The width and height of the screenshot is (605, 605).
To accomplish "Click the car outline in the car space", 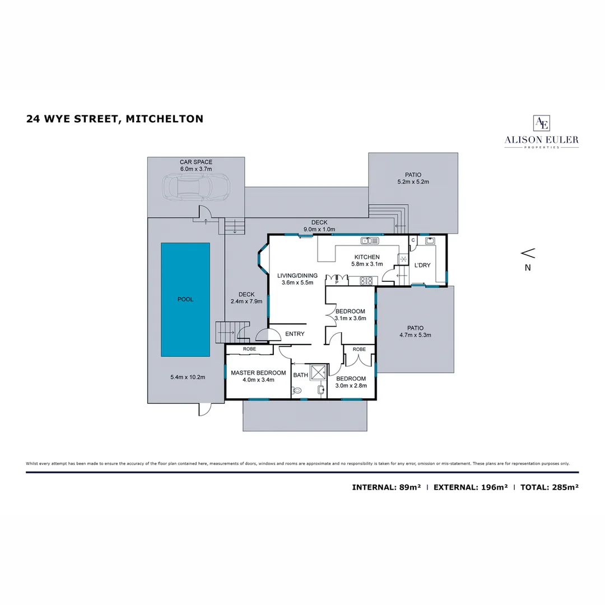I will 196,187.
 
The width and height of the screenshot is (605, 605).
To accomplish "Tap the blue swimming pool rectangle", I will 185,299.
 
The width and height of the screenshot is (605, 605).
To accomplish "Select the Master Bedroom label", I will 258,373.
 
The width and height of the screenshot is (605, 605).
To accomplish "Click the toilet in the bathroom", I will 297,390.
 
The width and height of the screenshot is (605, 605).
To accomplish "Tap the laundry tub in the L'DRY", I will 430,241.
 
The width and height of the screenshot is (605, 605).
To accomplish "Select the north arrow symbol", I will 528,253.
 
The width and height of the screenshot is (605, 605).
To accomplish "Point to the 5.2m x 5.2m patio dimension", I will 413,182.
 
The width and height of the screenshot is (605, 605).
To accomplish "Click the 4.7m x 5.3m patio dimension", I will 415,335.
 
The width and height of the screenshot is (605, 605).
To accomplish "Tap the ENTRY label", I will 295,334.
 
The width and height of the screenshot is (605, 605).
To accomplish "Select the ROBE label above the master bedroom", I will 249,349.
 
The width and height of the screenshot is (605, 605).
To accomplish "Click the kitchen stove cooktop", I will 366,281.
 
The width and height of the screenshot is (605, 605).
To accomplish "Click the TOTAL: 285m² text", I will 549,487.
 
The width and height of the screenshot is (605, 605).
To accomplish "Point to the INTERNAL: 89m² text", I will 386,487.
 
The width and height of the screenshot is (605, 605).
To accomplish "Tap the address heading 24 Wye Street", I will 114,119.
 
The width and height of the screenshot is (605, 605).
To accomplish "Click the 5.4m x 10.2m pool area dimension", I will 188,377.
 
